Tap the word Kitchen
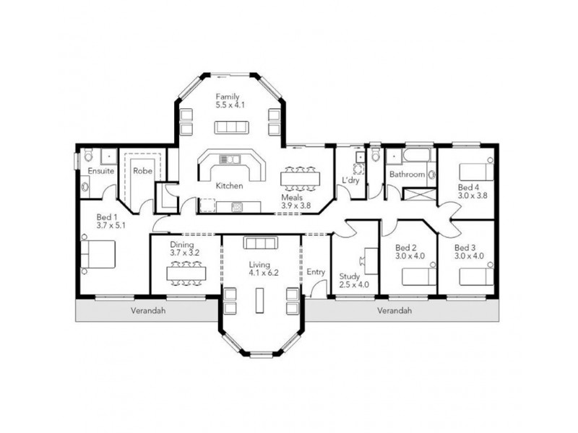pos(229,185)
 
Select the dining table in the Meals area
pos(299,178)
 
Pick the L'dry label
pos(350,180)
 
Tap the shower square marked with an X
pos(420,194)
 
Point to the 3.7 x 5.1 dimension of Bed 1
pos(112,224)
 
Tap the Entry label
pos(316,272)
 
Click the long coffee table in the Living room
pos(260,299)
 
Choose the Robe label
pos(142,172)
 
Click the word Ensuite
pos(100,172)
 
